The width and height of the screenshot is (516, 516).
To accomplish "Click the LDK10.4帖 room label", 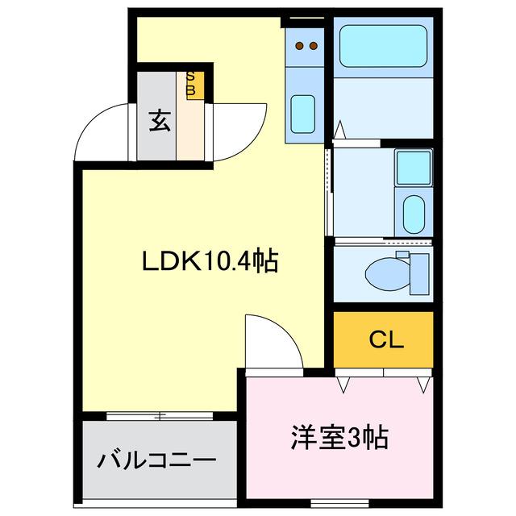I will (x=210, y=261).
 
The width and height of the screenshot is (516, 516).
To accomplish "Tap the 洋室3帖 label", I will (x=339, y=438).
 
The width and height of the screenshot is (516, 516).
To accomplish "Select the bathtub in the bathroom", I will (x=382, y=46).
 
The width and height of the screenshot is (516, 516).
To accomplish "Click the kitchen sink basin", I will (x=303, y=110).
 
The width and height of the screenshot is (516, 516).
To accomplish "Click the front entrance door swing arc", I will (x=101, y=132).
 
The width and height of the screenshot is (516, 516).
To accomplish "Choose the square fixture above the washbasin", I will (x=413, y=167).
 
